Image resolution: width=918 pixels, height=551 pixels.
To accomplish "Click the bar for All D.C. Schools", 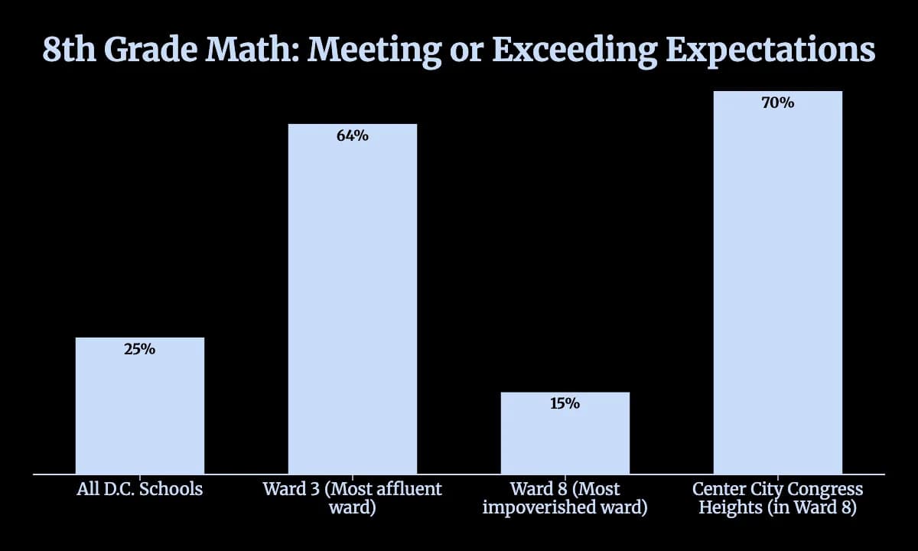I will [140, 406].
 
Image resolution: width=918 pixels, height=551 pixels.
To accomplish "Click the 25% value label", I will [140, 350].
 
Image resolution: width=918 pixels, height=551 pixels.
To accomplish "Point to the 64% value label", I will [353, 136].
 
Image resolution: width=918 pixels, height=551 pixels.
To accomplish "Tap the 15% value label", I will [565, 403].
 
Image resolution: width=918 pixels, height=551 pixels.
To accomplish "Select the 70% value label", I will [778, 103].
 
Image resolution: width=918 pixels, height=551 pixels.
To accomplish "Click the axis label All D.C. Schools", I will [140, 489].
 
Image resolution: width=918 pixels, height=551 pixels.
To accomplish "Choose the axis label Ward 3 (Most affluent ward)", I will [353, 498].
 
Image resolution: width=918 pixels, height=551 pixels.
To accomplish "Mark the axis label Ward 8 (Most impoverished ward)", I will [565, 498].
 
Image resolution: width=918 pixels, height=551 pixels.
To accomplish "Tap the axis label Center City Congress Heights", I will [778, 498].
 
